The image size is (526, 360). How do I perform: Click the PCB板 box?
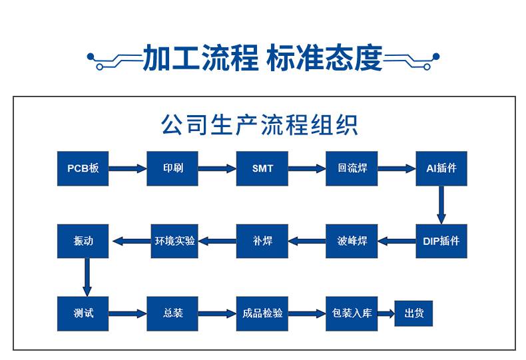click(83, 168)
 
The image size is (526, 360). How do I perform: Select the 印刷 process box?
click(172, 168)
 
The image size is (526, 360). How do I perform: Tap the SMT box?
click(262, 168)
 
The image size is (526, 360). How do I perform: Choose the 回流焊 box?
click(352, 168)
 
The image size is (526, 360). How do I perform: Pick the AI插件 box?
click(441, 168)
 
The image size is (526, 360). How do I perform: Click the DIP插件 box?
click(441, 240)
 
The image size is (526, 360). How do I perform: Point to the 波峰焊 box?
click(352, 240)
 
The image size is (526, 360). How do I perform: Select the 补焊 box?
click(262, 240)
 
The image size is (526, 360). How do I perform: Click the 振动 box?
click(83, 240)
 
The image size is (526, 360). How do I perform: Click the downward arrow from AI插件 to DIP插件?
click(441, 204)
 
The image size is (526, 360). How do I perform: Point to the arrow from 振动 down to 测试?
click(86, 276)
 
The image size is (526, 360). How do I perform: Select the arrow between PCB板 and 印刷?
click(127, 169)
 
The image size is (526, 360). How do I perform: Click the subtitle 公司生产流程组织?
click(260, 124)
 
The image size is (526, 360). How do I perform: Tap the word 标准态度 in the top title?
click(324, 59)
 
